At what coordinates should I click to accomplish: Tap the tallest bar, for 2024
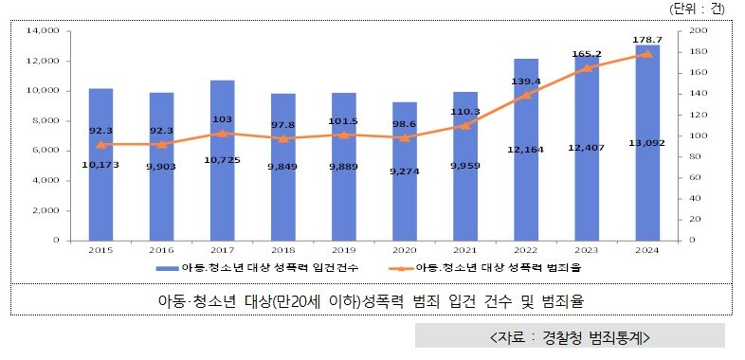(x=648, y=142)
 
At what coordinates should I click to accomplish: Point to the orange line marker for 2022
(x=526, y=95)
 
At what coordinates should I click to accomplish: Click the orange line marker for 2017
(x=222, y=133)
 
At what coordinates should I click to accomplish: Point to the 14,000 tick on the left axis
(x=44, y=31)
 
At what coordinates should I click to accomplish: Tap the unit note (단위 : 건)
(x=696, y=9)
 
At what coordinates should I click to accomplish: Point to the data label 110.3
(x=465, y=111)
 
